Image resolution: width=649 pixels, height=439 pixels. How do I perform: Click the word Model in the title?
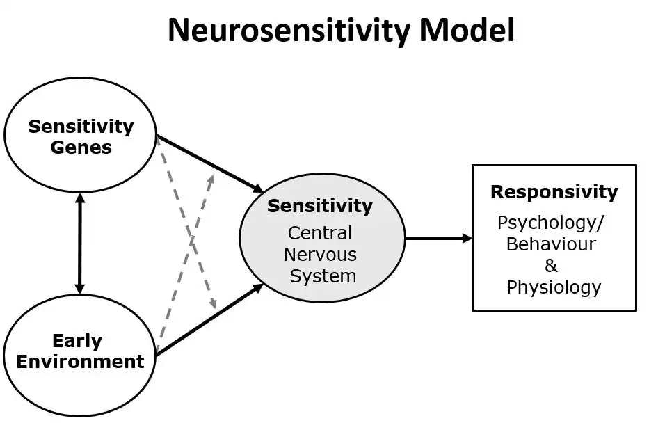(467, 30)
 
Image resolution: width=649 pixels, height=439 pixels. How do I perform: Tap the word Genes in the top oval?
(81, 147)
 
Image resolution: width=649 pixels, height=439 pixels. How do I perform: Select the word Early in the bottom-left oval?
(77, 342)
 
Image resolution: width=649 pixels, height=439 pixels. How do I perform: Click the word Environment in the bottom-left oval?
(80, 362)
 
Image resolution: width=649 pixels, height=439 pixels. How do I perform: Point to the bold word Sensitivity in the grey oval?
(320, 206)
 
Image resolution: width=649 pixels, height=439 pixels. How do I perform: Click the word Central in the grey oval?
(320, 233)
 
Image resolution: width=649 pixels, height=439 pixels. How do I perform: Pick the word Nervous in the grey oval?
(320, 255)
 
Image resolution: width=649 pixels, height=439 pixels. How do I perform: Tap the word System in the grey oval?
(323, 276)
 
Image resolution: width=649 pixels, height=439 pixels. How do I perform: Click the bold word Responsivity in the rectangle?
(554, 192)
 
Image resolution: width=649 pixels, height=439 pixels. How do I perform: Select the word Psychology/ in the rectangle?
(551, 223)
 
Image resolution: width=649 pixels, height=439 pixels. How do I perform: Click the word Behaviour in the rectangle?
(551, 244)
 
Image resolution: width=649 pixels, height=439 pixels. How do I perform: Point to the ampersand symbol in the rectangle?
(551, 266)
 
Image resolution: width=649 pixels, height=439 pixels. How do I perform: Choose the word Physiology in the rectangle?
(554, 287)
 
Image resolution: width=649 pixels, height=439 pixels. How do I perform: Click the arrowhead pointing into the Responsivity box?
(467, 238)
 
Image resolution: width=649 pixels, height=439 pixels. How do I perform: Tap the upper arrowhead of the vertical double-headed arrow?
(80, 198)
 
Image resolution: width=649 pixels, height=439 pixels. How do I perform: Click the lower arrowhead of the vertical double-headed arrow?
(80, 288)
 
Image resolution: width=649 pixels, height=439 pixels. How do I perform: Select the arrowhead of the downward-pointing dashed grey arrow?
(213, 303)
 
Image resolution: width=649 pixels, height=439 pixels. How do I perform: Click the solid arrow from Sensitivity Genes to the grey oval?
(210, 164)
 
